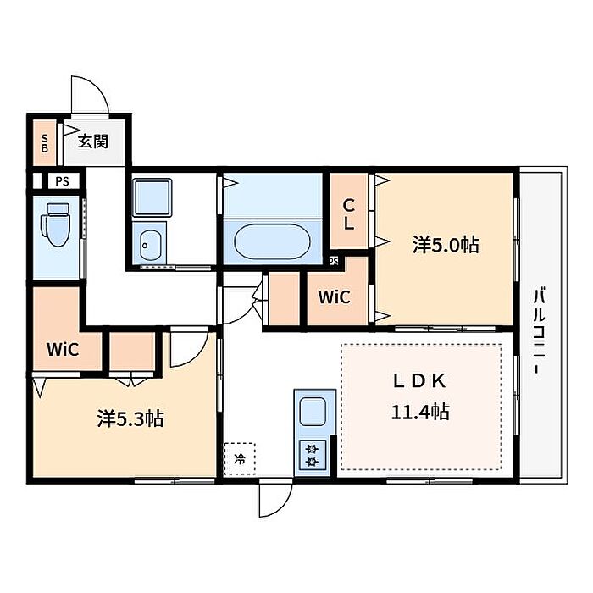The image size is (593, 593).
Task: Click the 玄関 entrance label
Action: tap(93, 141)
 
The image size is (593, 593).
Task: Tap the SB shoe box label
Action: tap(45, 144)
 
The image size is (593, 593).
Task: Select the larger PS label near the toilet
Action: tap(63, 181)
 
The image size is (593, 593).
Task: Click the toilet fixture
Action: tap(56, 224)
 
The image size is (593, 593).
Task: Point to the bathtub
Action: tap(272, 241)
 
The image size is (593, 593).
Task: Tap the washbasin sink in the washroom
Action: tap(150, 245)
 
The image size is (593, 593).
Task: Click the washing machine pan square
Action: tap(152, 197)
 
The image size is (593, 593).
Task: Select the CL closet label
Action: tap(348, 215)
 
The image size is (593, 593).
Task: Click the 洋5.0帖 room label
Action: tap(446, 245)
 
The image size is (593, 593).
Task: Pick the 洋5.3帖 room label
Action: tap(130, 418)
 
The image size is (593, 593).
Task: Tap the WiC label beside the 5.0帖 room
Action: tap(335, 297)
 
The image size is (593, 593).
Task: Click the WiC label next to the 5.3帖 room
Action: tap(63, 349)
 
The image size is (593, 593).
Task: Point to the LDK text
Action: tap(420, 381)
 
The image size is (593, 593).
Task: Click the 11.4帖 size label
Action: tap(420, 412)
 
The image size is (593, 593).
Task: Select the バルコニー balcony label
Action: tap(539, 331)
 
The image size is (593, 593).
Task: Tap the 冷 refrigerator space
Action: tap(240, 459)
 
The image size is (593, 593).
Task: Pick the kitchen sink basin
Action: tap(313, 412)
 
